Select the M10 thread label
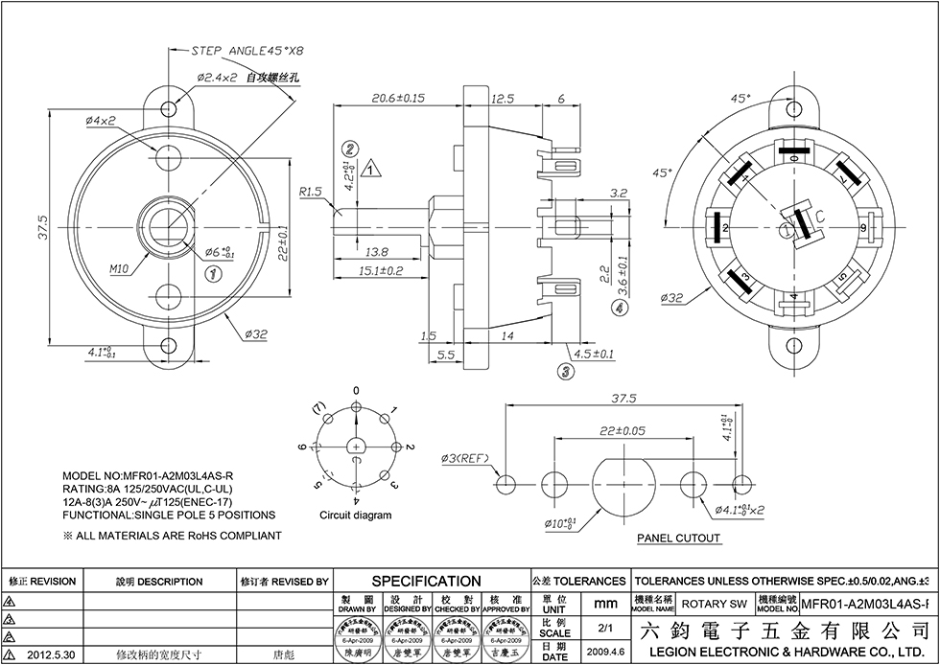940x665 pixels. (120, 269)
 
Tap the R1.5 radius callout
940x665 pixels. (309, 192)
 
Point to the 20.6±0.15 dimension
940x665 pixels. (398, 99)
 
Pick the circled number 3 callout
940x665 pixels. (566, 370)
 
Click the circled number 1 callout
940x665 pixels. (215, 274)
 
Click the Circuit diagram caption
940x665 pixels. (356, 516)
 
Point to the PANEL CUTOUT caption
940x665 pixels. (679, 539)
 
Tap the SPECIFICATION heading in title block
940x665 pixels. (426, 581)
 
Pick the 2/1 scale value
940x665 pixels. (605, 629)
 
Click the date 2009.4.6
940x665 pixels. (606, 651)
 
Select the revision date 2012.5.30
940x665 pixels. (49, 655)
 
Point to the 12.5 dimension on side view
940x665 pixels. (503, 99)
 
